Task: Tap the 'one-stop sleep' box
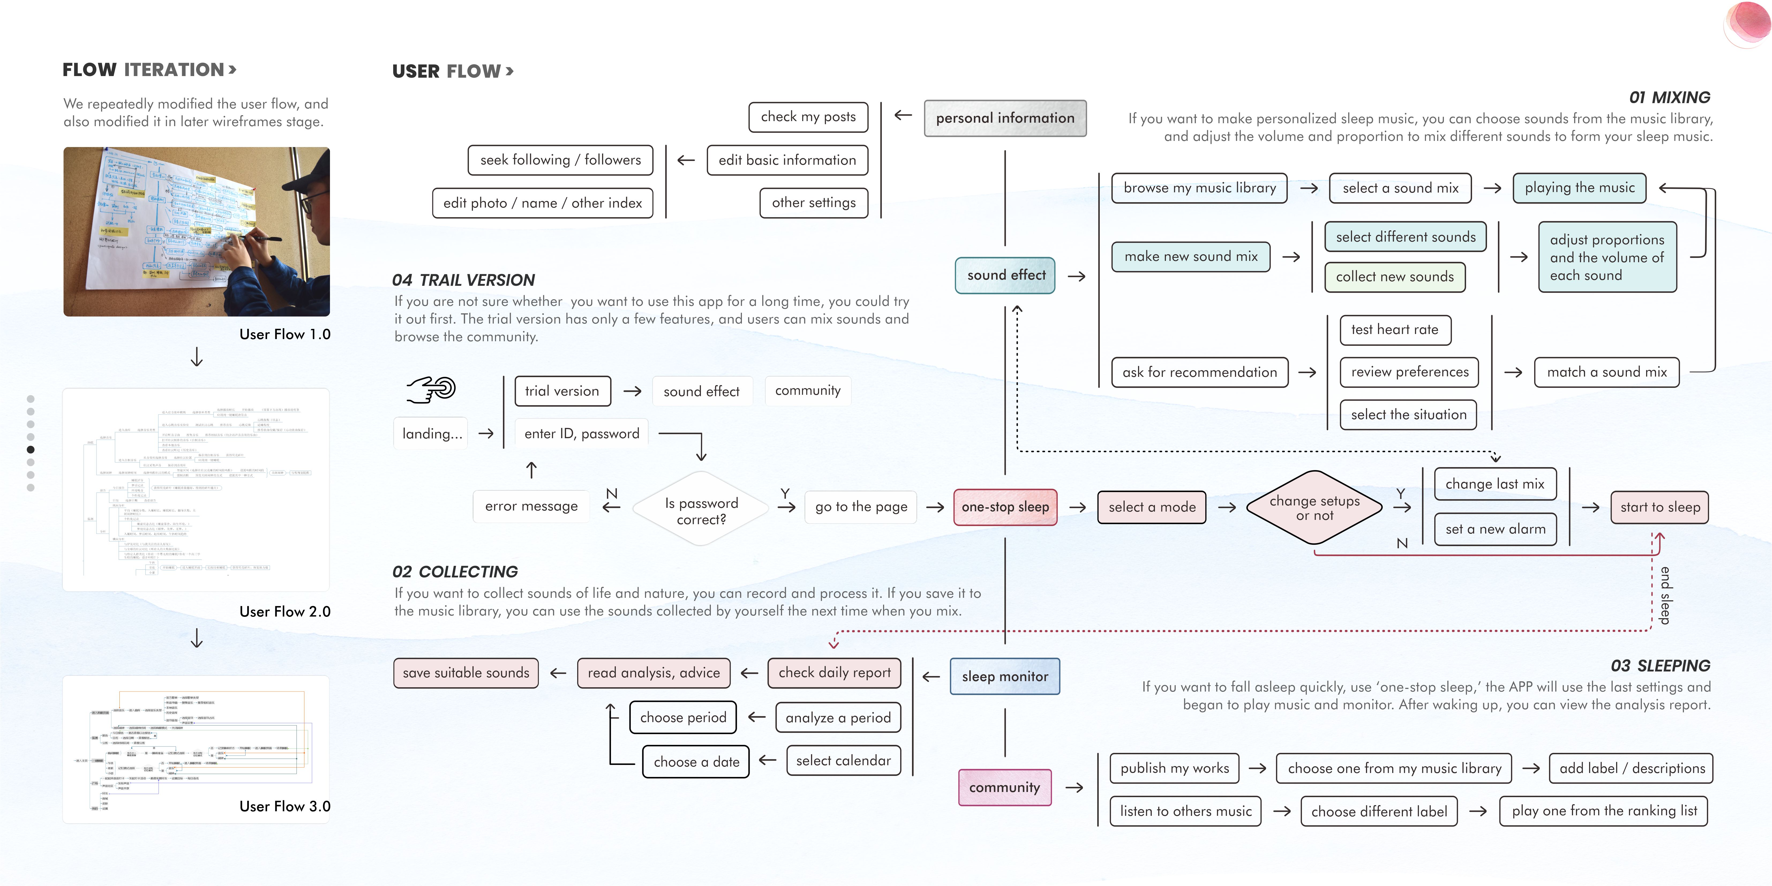(1005, 507)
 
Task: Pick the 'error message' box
(531, 506)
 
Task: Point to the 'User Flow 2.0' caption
(285, 611)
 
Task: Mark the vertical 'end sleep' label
(1665, 595)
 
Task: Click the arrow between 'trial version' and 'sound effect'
(632, 391)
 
